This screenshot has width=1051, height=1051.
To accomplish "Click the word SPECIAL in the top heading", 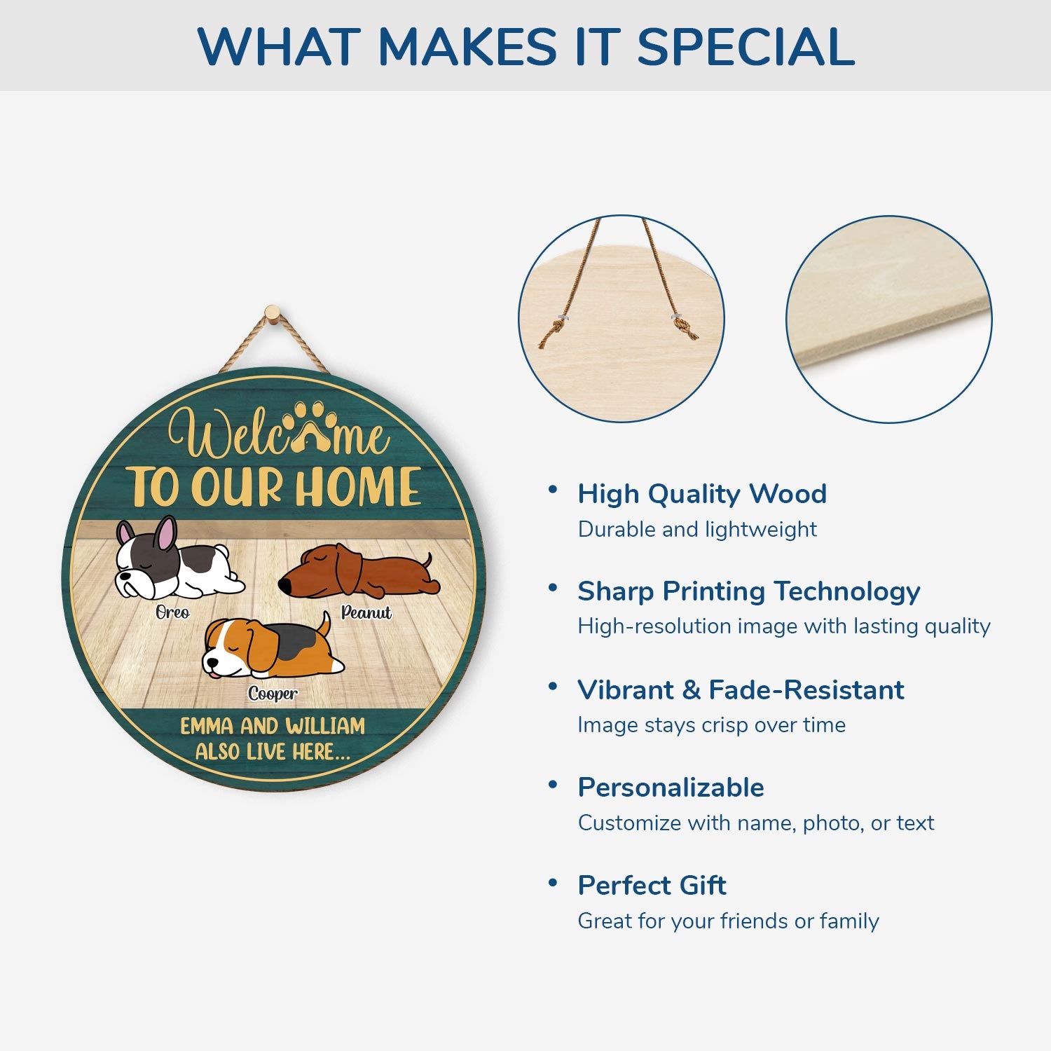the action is pyautogui.click(x=746, y=47).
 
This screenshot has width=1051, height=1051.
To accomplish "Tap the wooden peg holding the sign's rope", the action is pyautogui.click(x=273, y=313).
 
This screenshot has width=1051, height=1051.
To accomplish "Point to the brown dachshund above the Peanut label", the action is pyautogui.click(x=359, y=570).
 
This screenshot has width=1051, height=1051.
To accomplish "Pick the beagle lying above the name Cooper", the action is pyautogui.click(x=273, y=647).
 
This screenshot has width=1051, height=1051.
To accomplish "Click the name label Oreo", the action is pyautogui.click(x=172, y=612).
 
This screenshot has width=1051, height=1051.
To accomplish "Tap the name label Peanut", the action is pyautogui.click(x=366, y=612).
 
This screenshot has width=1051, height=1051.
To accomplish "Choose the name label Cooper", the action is pyautogui.click(x=273, y=694).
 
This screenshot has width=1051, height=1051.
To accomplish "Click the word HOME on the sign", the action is pyautogui.click(x=358, y=486).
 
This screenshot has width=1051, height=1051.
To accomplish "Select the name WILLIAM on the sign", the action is pyautogui.click(x=325, y=726).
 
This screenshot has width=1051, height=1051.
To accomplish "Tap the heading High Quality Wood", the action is pyautogui.click(x=702, y=494).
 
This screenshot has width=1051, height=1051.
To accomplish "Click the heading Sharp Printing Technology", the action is pyautogui.click(x=749, y=592).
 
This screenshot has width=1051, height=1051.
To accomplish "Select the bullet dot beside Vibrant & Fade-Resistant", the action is pyautogui.click(x=553, y=685).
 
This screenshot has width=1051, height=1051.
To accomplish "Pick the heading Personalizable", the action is pyautogui.click(x=671, y=788).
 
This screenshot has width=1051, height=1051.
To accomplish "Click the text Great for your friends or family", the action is pyautogui.click(x=728, y=921).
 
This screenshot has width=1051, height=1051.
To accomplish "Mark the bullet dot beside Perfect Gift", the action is pyautogui.click(x=553, y=882).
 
